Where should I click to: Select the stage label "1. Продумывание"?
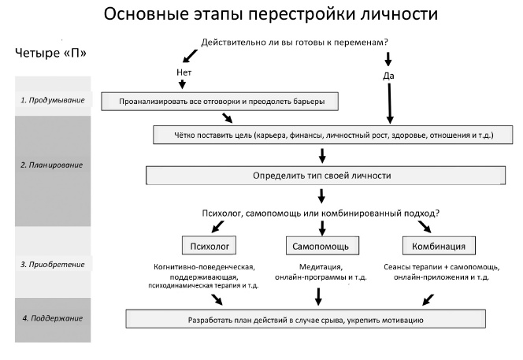point(52,100)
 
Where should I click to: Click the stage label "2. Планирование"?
point(52,165)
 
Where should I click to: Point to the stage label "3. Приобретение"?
point(52,264)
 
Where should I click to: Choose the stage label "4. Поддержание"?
point(52,317)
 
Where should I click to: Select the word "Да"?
point(388,76)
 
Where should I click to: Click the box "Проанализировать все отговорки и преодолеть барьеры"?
point(221,102)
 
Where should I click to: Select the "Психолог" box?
point(210,246)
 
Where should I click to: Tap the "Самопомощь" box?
point(321,246)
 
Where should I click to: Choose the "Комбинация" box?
point(432,246)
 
